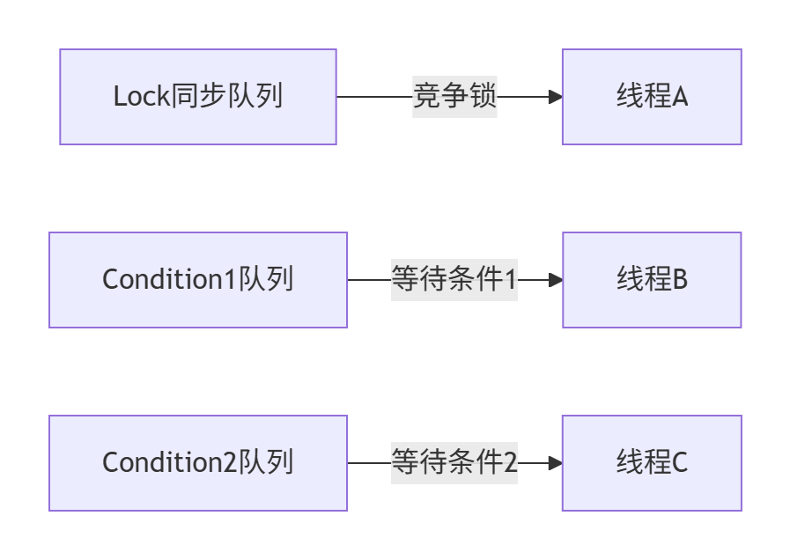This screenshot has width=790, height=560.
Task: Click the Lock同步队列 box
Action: pos(198,97)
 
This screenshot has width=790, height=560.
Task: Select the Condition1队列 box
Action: pos(198,280)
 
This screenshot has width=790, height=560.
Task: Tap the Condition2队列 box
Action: pos(198,463)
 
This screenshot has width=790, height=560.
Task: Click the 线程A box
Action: pos(652,97)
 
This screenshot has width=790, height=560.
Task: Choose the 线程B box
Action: pos(652,280)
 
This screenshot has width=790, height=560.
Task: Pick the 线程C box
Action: pos(652,463)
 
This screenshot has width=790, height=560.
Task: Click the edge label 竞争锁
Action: pos(454,97)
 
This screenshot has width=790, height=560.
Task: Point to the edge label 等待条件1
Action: pos(454,280)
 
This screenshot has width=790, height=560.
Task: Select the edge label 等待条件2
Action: pos(454,463)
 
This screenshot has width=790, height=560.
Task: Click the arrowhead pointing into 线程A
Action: pos(556,97)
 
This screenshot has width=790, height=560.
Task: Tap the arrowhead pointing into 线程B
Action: pos(556,280)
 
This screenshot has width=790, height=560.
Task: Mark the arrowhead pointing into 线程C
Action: pos(556,463)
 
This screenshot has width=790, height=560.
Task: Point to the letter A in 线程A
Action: pos(679,98)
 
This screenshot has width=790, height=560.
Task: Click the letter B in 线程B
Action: pos(679,281)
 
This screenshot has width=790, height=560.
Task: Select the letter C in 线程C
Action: pos(679,464)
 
